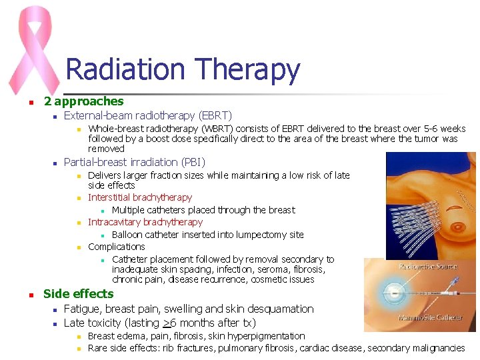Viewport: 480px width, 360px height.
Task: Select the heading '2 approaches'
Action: (83, 101)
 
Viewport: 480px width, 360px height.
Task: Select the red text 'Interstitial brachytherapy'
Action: (140, 197)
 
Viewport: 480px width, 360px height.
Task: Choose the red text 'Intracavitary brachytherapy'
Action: (145, 222)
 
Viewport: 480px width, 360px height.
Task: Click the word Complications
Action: (117, 247)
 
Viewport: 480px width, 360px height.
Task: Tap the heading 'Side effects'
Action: (78, 294)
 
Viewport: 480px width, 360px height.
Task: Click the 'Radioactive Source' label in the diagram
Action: (428, 267)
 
